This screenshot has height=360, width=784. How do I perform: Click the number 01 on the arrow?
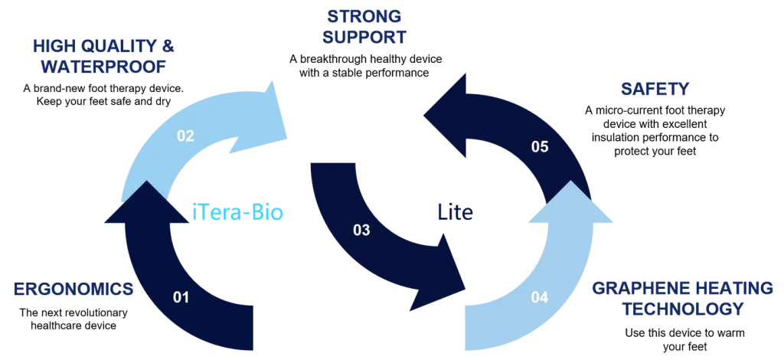[x=181, y=297]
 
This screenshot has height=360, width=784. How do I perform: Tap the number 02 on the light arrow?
[x=185, y=136]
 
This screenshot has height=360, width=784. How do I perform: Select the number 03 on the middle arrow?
[x=361, y=229]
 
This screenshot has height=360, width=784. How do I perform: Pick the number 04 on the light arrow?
[x=539, y=297]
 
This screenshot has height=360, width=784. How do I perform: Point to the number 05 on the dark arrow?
[x=540, y=146]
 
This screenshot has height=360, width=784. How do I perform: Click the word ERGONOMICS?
[x=73, y=290]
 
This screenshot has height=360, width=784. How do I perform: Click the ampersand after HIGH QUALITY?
[x=170, y=46]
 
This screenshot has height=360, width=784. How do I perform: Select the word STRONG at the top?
[x=363, y=17]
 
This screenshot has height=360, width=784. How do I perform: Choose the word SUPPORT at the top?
[x=364, y=37]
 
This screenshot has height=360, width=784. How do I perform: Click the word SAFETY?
[x=654, y=90]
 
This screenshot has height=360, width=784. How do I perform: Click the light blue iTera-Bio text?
[x=237, y=213]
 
